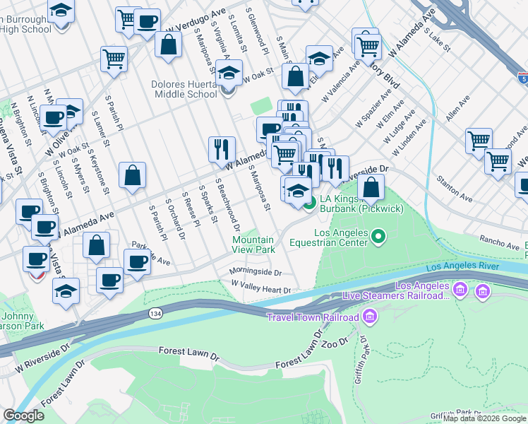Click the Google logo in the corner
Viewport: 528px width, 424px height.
(x=23, y=416)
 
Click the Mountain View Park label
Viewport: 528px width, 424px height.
(x=254, y=245)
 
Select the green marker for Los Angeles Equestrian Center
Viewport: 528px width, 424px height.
(x=378, y=235)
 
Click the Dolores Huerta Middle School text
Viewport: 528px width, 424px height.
(x=185, y=88)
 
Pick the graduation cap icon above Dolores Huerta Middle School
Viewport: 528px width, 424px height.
(x=229, y=73)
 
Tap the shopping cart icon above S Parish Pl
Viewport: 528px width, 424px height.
(x=114, y=59)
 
